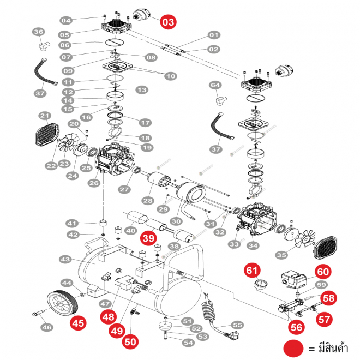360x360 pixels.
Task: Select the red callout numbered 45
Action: pos(79,322)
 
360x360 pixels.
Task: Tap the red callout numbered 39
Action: pos(148,238)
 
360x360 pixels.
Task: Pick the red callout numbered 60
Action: pos(323,271)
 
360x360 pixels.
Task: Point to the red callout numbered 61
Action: pos(251,269)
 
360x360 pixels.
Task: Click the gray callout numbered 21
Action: pos(44,116)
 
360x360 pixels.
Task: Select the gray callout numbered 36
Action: pos(38,33)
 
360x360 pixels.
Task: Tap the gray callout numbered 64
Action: pos(215,85)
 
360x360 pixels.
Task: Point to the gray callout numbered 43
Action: pos(65,259)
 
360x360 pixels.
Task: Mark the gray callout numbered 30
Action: pos(176,222)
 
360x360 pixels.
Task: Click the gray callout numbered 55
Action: pos(237,325)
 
